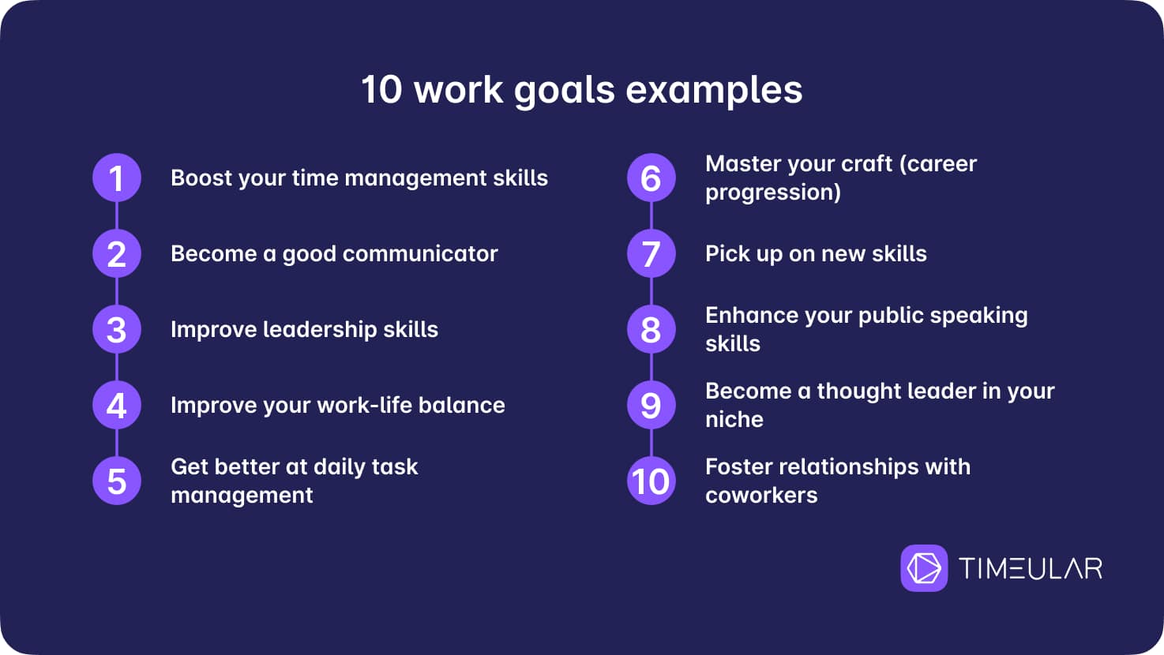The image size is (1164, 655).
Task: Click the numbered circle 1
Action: [x=117, y=178]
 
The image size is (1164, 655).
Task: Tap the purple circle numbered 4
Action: [x=117, y=405]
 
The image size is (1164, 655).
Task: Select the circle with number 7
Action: [x=651, y=253]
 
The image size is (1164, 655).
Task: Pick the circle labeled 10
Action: [x=651, y=481]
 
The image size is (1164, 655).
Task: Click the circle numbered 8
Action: [x=651, y=329]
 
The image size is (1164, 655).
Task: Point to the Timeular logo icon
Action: [x=924, y=567]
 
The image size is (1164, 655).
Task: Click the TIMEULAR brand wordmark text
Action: [x=1031, y=568]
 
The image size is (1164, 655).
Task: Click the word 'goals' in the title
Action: [x=565, y=92]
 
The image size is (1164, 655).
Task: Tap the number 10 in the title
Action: [x=382, y=90]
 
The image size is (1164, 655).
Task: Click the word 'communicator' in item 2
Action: [x=420, y=254]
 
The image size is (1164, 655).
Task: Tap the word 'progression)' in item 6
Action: [x=773, y=193]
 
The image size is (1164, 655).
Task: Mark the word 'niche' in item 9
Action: [x=734, y=420]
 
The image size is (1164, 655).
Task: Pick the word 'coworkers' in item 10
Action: [x=761, y=496]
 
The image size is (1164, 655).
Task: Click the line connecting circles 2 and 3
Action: [x=117, y=291]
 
